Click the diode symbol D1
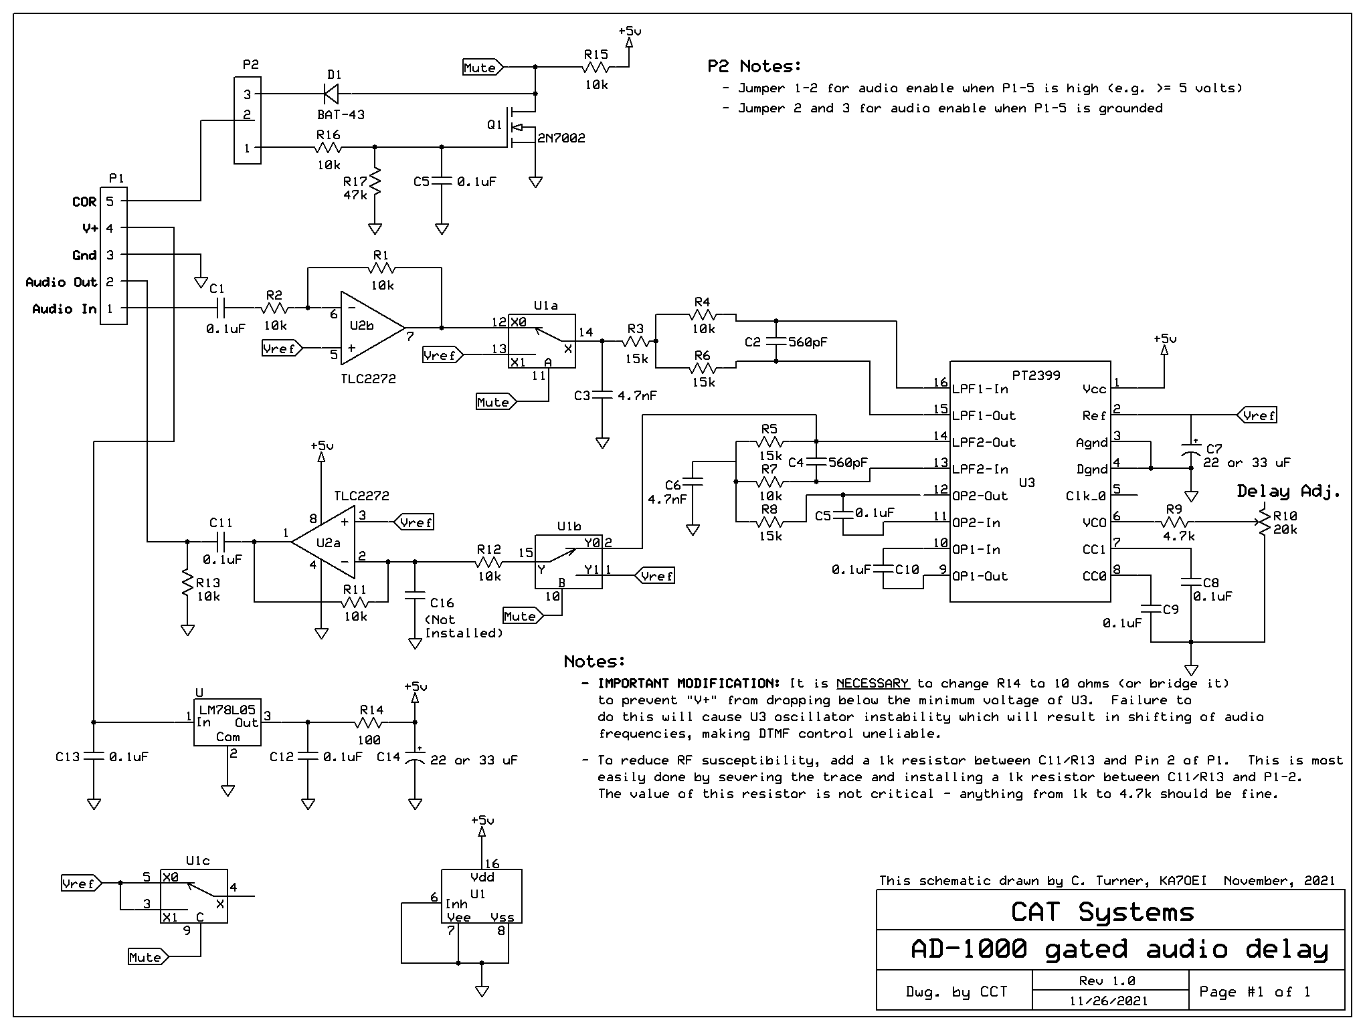pos(331,94)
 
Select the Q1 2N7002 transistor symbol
pos(519,127)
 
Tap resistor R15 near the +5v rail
pos(596,67)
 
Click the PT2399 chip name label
pos(1036,375)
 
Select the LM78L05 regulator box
pos(227,722)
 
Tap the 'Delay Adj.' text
pos(1288,492)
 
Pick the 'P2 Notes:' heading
pos(754,66)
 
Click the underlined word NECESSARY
pos(873,683)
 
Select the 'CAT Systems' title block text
pos(1102,912)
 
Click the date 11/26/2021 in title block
pos(1109,1001)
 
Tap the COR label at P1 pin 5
pos(84,201)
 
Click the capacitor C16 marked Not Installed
pos(415,595)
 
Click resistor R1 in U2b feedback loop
pos(381,268)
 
